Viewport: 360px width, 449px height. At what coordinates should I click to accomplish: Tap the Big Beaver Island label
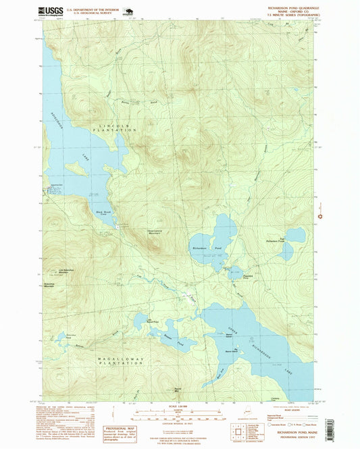[x=231, y=351]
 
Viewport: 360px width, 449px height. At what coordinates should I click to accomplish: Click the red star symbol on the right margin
[x=320, y=216]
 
